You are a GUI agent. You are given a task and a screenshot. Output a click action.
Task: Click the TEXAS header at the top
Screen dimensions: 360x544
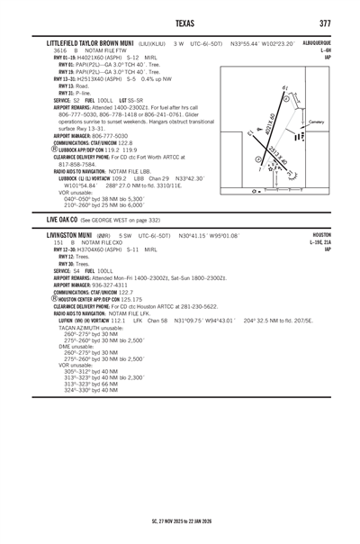[180, 23]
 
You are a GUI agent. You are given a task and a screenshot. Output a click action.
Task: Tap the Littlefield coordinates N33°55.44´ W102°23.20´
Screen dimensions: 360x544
[266, 43]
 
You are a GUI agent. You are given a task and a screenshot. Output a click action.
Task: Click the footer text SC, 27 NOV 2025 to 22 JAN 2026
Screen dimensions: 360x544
[180, 521]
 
